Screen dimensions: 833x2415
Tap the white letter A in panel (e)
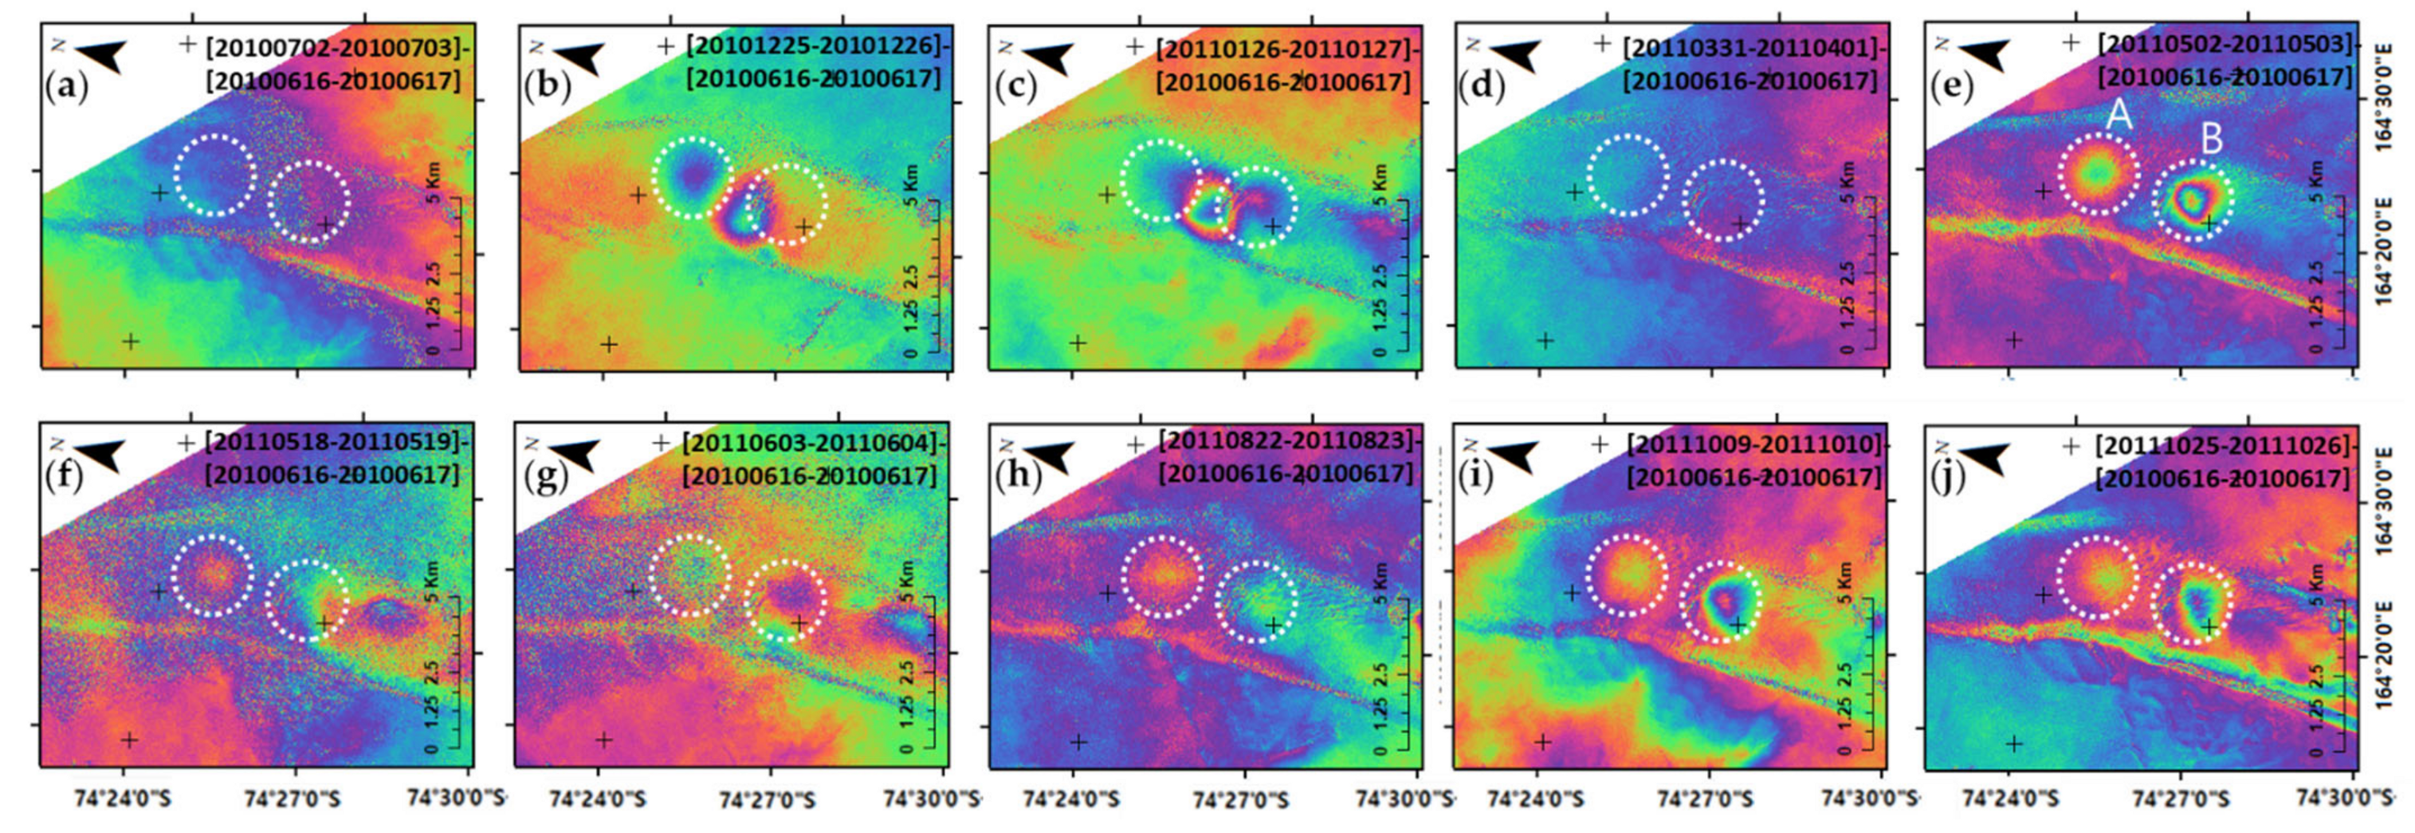pos(2119,116)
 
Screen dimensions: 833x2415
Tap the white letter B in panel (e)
pos(2212,140)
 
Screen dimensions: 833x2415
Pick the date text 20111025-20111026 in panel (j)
pos(2222,445)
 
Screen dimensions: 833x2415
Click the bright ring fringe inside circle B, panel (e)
pos(2193,201)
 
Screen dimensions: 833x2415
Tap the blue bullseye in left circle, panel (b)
pos(693,176)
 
